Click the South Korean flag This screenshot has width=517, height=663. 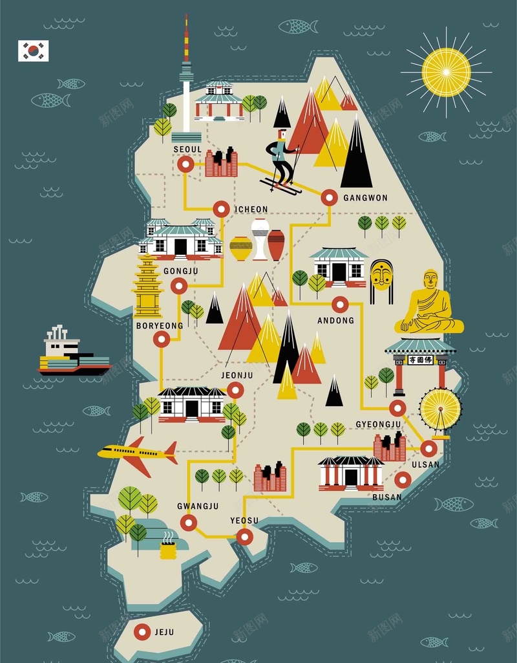tap(33, 50)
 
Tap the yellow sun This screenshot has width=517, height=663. tap(446, 72)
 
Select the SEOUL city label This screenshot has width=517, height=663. tap(187, 149)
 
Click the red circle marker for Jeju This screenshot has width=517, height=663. tap(142, 631)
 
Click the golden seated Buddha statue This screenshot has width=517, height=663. tap(430, 303)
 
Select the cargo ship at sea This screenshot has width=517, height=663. tap(72, 354)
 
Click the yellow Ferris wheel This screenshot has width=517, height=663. tap(440, 409)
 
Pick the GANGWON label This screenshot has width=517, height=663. tap(365, 198)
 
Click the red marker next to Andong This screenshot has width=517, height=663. tap(340, 304)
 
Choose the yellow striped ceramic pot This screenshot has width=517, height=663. tap(241, 248)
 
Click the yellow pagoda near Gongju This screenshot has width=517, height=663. tap(148, 286)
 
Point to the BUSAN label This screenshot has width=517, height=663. tap(387, 497)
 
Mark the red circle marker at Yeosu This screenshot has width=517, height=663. tap(244, 536)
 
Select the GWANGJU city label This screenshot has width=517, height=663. tap(198, 506)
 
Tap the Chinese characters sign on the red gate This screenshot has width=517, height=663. tap(420, 360)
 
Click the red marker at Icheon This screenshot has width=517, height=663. tap(221, 209)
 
